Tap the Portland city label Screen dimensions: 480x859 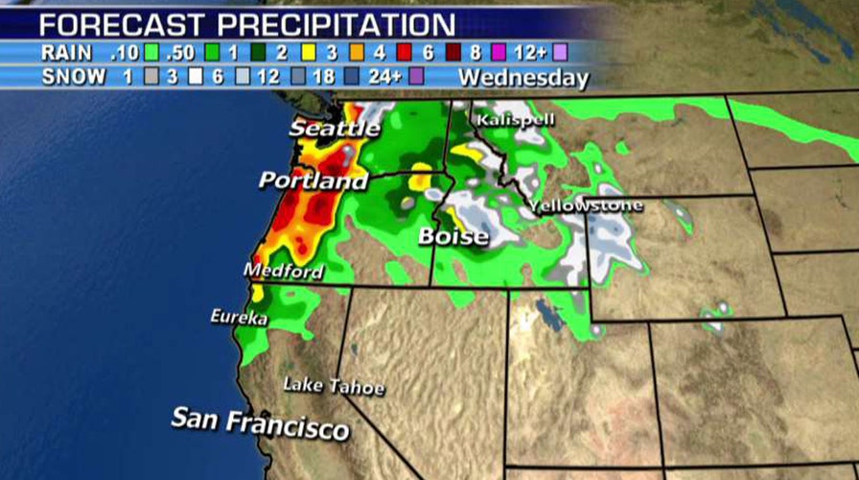[x=313, y=180]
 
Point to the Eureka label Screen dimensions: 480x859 [x=239, y=317]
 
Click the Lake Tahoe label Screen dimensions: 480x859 [x=333, y=386]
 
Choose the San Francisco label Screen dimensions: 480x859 [x=259, y=423]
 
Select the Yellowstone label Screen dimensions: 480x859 [x=586, y=205]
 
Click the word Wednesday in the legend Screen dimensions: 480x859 [x=523, y=78]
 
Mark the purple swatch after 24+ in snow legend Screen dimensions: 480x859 [x=416, y=76]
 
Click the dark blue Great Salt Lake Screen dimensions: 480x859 [x=548, y=316]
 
